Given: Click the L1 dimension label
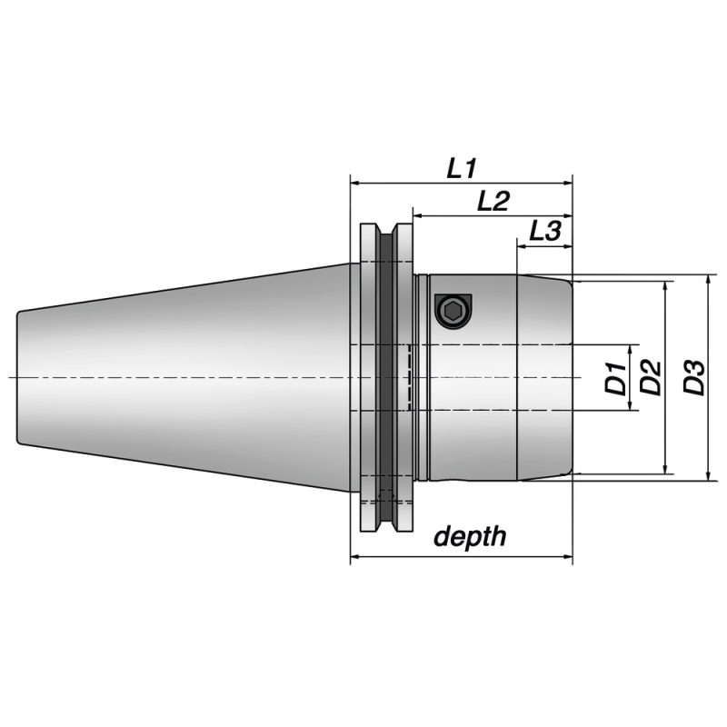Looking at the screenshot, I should point(462,168).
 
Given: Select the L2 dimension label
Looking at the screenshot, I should point(493,202).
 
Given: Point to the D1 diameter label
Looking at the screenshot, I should point(615,377).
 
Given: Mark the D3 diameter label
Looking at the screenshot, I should point(693,377).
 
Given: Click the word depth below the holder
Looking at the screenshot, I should point(469,536).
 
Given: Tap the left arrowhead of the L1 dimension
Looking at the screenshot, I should point(355,183).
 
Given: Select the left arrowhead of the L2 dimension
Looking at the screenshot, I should point(418,216).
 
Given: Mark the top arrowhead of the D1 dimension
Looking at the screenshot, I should point(630,350).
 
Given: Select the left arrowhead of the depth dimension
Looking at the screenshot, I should point(355,556).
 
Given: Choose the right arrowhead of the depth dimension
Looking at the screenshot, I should point(567,556).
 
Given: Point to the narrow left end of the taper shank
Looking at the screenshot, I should point(20,377).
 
